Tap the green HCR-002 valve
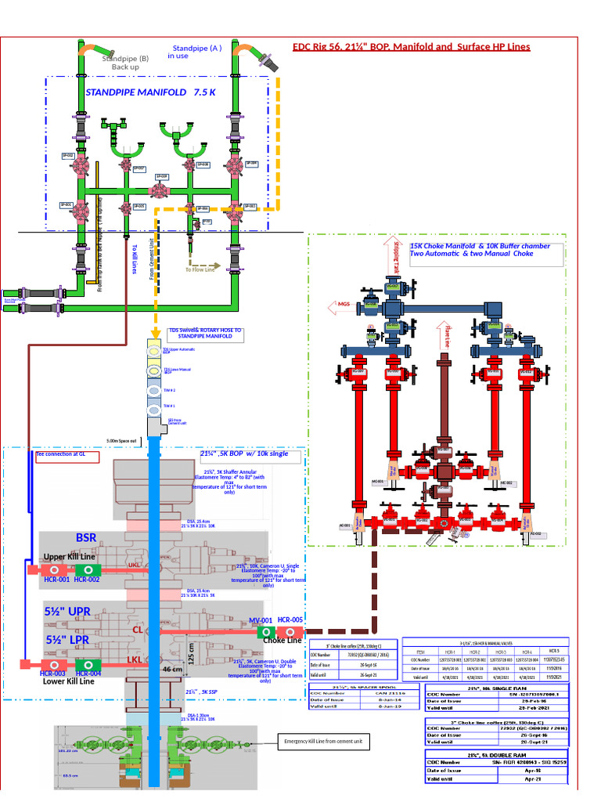(88, 569)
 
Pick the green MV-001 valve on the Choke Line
(267, 631)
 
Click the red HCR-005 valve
(290, 631)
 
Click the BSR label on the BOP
(86, 538)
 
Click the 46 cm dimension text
(172, 670)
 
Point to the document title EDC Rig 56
(411, 47)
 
